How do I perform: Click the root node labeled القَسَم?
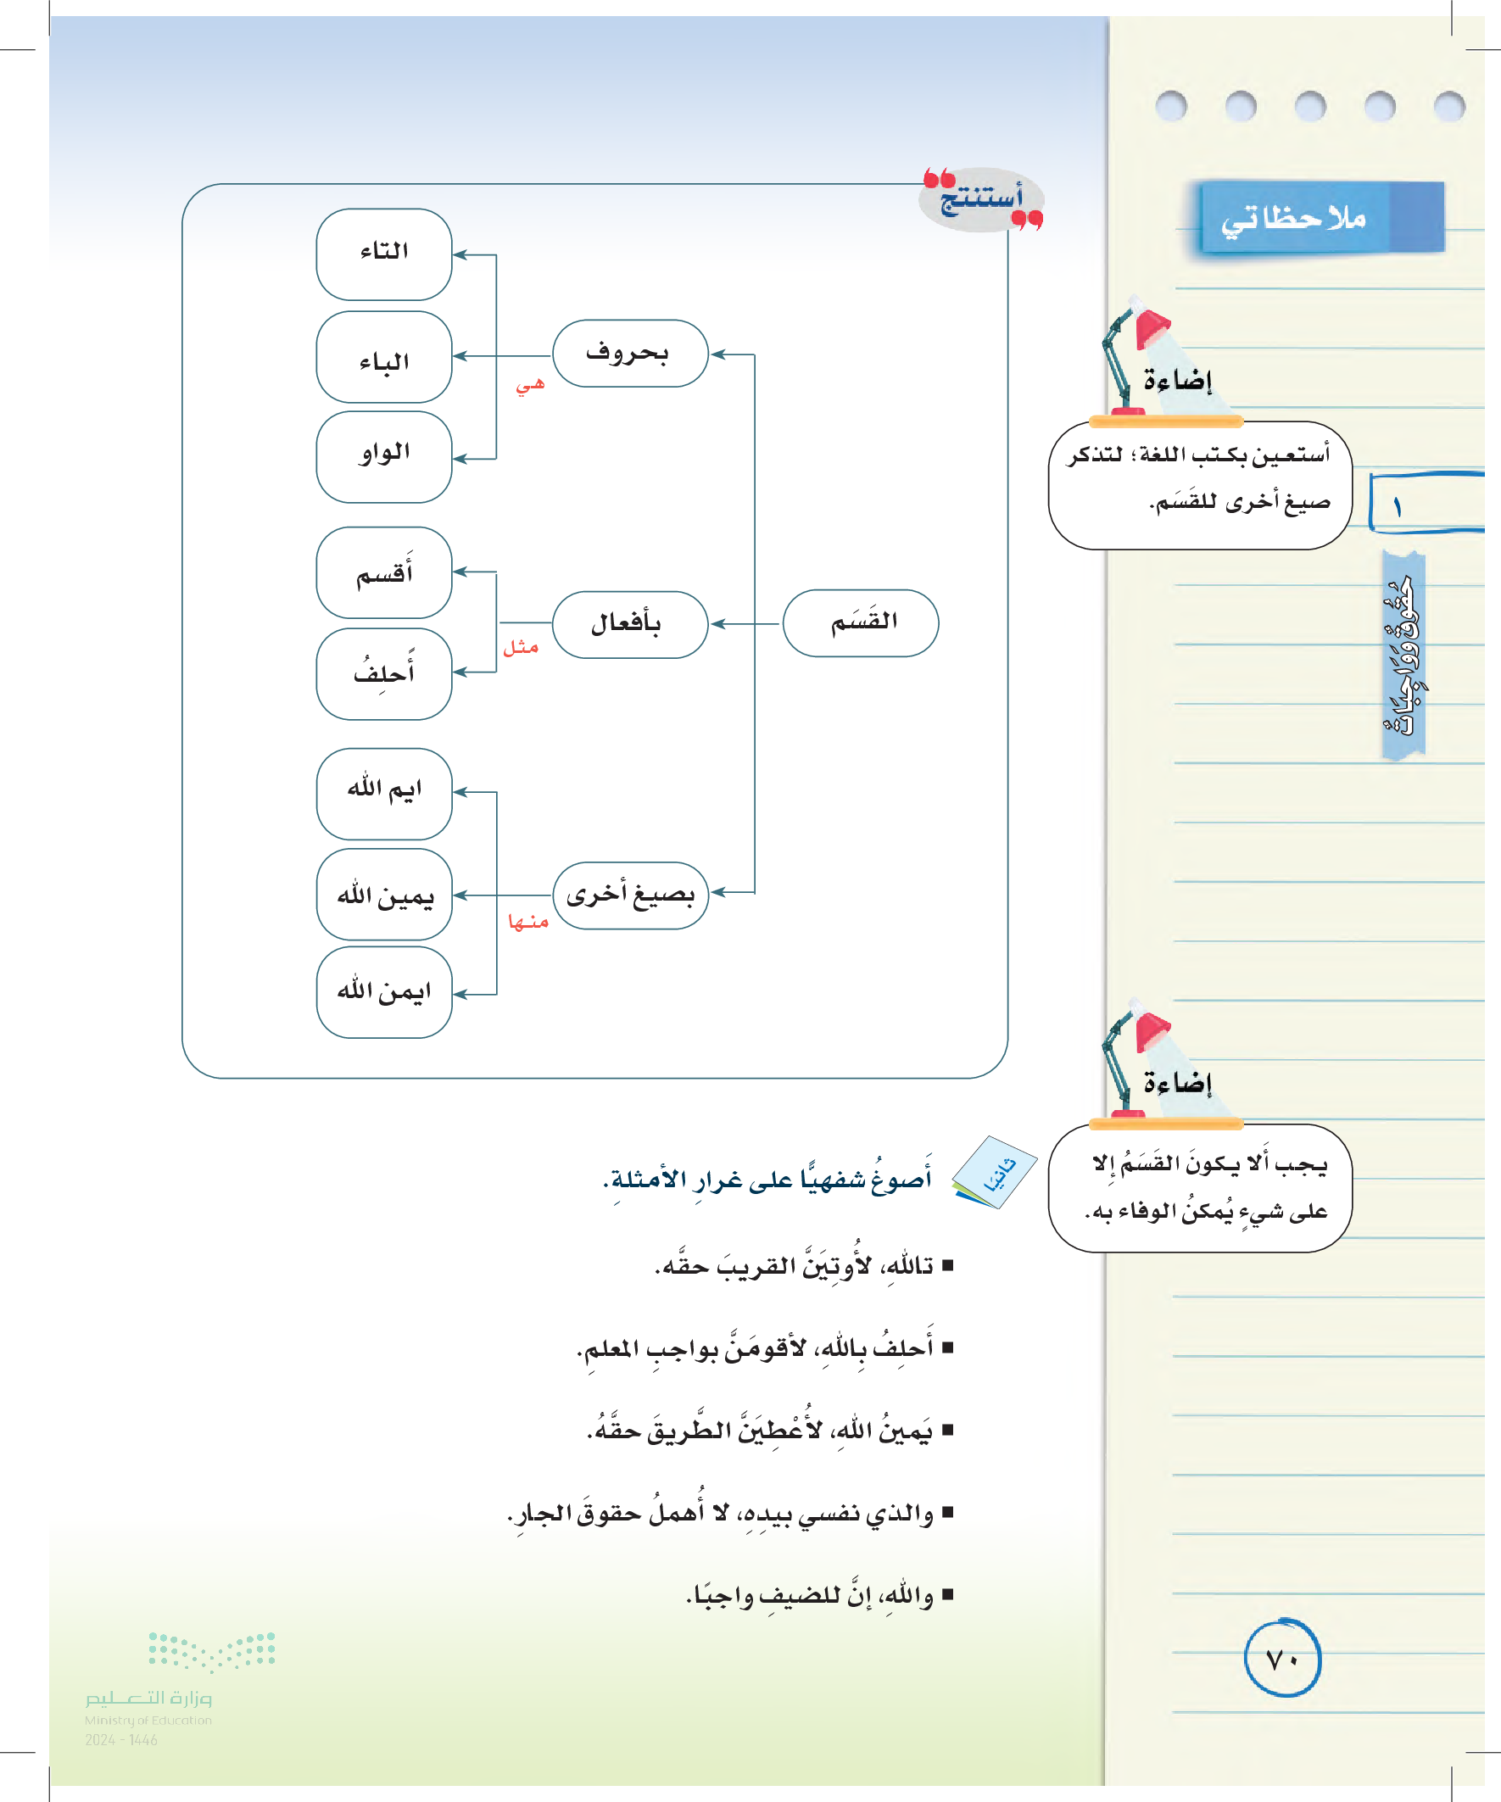pyautogui.click(x=861, y=623)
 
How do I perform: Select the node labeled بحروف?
pyautogui.click(x=630, y=354)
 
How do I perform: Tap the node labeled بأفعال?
pyautogui.click(x=630, y=625)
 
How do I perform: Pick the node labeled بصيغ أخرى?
pyautogui.click(x=630, y=895)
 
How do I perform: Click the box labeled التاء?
pyautogui.click(x=383, y=254)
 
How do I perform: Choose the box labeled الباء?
pyautogui.click(x=383, y=357)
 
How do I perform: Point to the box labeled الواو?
pyautogui.click(x=383, y=456)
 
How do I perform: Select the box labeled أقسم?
pyautogui.click(x=383, y=572)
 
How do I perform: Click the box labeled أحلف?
pyautogui.click(x=383, y=673)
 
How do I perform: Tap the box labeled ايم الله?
pyautogui.click(x=383, y=793)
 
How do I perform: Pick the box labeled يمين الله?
pyautogui.click(x=383, y=894)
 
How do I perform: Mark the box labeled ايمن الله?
pyautogui.click(x=383, y=992)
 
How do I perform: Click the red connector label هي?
pyautogui.click(x=529, y=385)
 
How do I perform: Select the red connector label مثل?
pyautogui.click(x=520, y=648)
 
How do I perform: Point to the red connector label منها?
pyautogui.click(x=527, y=923)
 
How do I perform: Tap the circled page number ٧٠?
pyautogui.click(x=1282, y=1660)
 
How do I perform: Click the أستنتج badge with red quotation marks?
pyautogui.click(x=982, y=200)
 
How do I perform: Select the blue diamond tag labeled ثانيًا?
pyautogui.click(x=996, y=1171)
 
